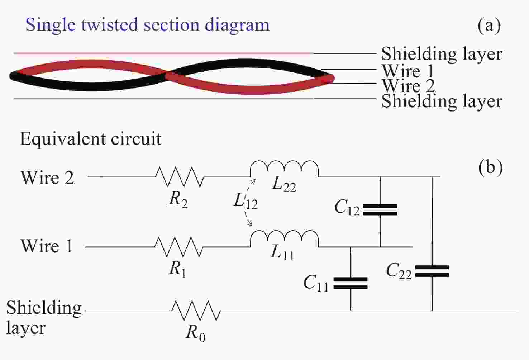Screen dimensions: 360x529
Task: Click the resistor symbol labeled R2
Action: (180, 176)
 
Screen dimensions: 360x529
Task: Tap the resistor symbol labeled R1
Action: (179, 247)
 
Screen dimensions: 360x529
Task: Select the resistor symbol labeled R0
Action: (196, 311)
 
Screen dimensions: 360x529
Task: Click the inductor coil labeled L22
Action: (284, 169)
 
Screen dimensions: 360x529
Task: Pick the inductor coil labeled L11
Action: (284, 239)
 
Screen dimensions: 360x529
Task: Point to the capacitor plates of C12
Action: (380, 210)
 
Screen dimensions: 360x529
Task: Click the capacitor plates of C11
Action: (350, 283)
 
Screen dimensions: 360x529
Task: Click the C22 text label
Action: (399, 271)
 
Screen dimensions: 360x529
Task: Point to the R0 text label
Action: (196, 333)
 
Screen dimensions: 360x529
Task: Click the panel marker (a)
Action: (489, 25)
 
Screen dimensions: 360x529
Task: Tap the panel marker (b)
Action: (490, 167)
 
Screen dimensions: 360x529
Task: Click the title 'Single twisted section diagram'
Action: (147, 25)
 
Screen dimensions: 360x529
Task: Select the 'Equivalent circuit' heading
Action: (90, 139)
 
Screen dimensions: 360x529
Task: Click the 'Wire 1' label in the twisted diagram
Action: (408, 71)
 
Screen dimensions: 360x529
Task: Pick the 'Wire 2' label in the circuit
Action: (47, 177)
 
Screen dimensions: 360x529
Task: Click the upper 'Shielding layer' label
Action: (442, 54)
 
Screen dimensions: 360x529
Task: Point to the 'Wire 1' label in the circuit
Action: (47, 246)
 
